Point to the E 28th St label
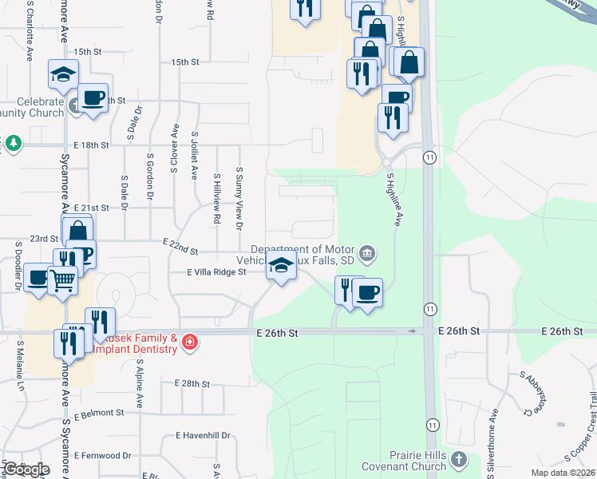(x=192, y=384)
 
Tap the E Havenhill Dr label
(x=203, y=436)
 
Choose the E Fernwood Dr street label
(x=103, y=456)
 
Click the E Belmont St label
(x=100, y=414)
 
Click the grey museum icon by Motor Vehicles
(x=366, y=255)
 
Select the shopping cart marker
(x=61, y=280)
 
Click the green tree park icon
(x=13, y=143)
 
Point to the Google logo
(x=26, y=469)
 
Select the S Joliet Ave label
(x=194, y=157)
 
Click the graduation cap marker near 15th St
(x=61, y=74)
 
